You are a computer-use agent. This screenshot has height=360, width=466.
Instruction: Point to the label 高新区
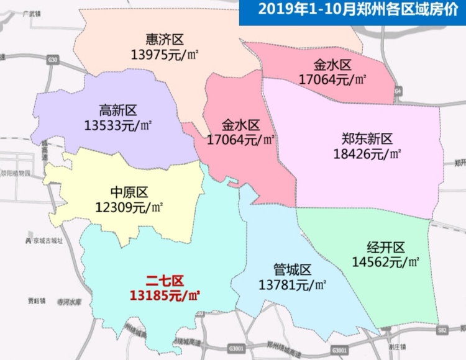118,110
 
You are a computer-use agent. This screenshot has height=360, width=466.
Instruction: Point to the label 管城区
292,270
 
